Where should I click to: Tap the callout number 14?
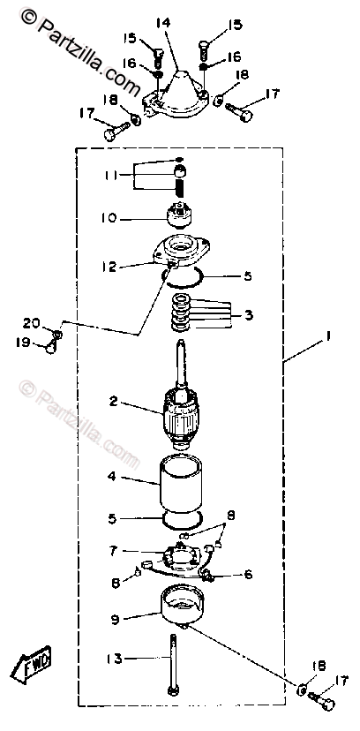pos(163,22)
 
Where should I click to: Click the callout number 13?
pos(115,659)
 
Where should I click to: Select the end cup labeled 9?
pos(183,604)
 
